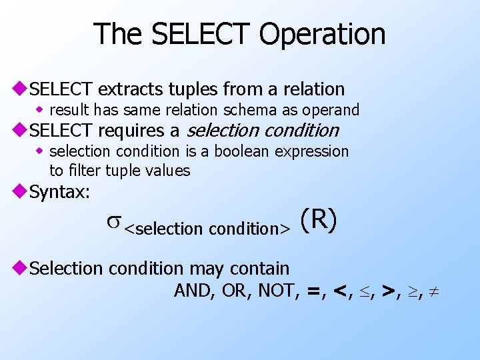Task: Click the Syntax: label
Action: click(x=60, y=192)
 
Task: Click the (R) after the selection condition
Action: click(x=318, y=221)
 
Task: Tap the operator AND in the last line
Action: click(x=191, y=291)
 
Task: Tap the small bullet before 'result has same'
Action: click(x=41, y=109)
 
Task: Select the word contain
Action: click(x=259, y=269)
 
